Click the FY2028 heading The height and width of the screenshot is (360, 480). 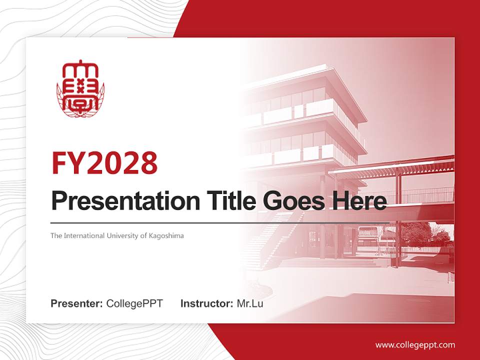(104, 163)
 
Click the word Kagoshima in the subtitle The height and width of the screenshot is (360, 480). (166, 235)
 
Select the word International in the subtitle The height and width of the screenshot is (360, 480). (84, 235)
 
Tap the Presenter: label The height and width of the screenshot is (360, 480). (77, 303)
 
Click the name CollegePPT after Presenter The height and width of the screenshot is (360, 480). (134, 303)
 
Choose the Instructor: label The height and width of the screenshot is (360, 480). (206, 303)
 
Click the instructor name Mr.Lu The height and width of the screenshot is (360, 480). (250, 303)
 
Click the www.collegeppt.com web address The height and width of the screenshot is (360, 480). (415, 344)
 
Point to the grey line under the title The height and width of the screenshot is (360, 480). (220, 222)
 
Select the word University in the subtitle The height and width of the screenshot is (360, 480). (122, 235)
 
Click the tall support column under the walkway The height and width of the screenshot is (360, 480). (397, 220)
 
